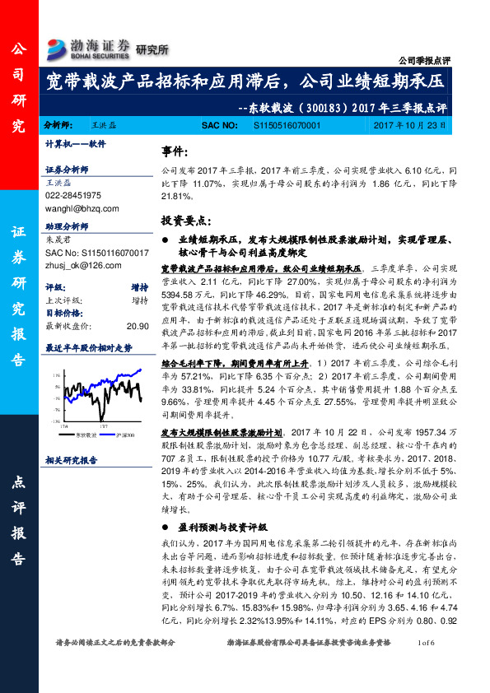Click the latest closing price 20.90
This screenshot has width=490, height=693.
(x=137, y=326)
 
